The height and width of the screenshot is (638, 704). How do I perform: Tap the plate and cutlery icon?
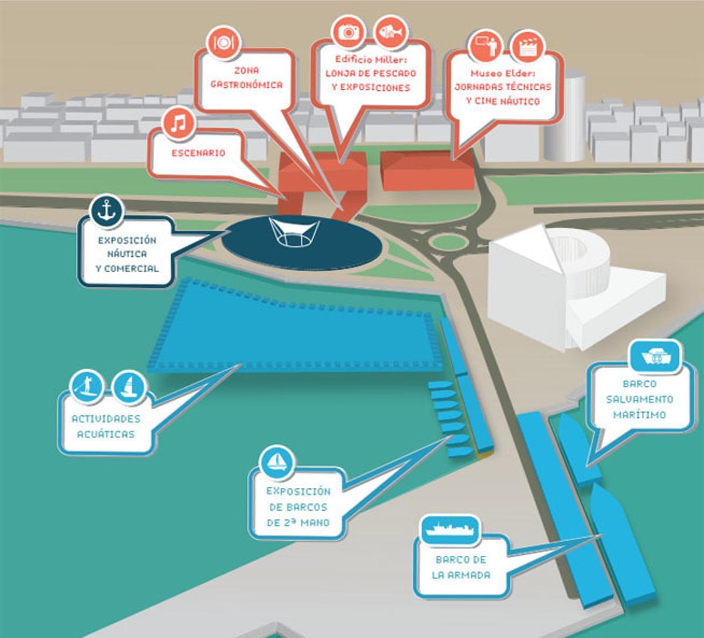pyautogui.click(x=224, y=42)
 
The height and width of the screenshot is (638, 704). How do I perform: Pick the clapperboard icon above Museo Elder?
pyautogui.click(x=527, y=46)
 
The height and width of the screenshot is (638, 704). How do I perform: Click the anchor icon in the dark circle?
pyautogui.click(x=106, y=211)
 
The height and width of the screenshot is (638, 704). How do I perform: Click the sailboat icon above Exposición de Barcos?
pyautogui.click(x=276, y=460)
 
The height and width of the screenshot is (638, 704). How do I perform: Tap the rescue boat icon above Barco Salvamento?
pyautogui.click(x=655, y=357)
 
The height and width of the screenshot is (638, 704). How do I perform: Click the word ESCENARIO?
pyautogui.click(x=198, y=153)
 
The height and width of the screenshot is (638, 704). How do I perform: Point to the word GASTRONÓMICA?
pyautogui.click(x=246, y=84)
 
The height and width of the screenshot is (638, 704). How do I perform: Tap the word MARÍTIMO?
pyautogui.click(x=639, y=415)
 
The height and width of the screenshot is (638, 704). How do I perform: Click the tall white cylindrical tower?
pyautogui.click(x=564, y=117)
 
